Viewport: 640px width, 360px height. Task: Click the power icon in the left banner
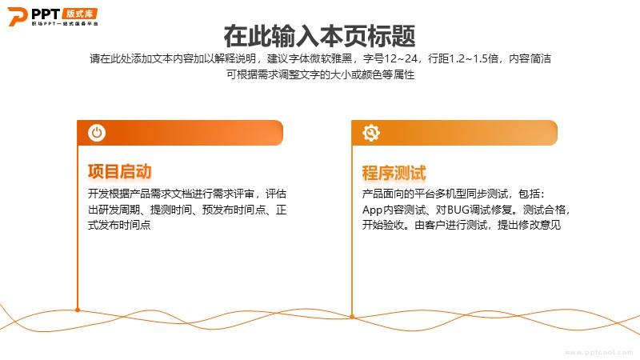tap(97, 133)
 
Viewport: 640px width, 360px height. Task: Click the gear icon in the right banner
tap(371, 133)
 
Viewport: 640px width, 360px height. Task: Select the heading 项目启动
tap(119, 171)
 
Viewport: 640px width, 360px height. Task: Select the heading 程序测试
tap(394, 173)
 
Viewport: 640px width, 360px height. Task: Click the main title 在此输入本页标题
tap(319, 36)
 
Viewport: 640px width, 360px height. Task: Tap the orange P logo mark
tap(17, 16)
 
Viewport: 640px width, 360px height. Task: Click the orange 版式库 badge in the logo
tap(80, 14)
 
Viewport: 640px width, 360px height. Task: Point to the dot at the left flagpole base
tap(78, 310)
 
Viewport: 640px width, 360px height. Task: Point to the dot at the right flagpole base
tap(352, 316)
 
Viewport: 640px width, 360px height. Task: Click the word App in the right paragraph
tap(372, 210)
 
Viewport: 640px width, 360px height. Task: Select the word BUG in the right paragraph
tap(458, 210)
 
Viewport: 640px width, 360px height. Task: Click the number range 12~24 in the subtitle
tap(401, 58)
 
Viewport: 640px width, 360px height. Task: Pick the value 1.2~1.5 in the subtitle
tap(474, 58)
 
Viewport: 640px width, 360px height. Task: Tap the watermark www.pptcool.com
tap(599, 352)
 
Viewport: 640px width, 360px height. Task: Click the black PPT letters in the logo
tap(46, 14)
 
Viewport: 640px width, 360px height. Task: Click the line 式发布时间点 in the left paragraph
tap(119, 225)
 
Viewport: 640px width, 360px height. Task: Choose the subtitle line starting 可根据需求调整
tap(321, 74)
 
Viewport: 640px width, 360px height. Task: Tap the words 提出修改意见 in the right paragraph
tap(529, 225)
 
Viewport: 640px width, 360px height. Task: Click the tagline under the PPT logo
tap(65, 24)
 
